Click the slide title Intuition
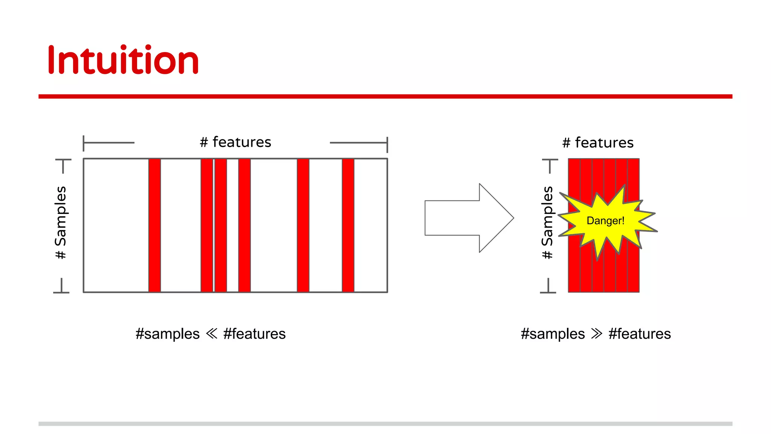pos(123,60)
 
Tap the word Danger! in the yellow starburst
pos(605,221)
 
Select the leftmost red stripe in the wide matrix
pos(154,225)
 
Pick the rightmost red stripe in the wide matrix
pos(348,225)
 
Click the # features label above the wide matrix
pos(235,142)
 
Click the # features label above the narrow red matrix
pos(598,143)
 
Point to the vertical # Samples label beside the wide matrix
pos(61,222)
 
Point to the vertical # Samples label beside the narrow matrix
pos(547,222)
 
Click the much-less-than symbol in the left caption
pos(212,333)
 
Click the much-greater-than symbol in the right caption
pos(597,333)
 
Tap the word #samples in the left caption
pos(168,334)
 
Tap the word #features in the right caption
pos(640,334)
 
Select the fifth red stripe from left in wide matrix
pos(303,225)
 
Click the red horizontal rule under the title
pos(385,96)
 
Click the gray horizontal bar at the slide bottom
pos(385,423)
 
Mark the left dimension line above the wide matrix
pos(108,143)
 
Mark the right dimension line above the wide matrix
pos(359,143)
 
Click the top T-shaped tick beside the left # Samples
pos(63,165)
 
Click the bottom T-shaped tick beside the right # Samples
pos(548,287)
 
